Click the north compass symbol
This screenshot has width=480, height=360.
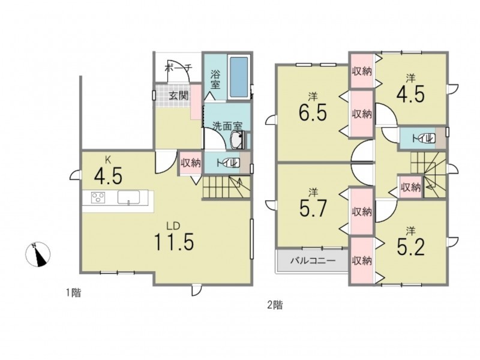(38, 254)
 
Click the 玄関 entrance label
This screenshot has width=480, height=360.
(179, 96)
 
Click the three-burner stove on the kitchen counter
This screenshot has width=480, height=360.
(98, 197)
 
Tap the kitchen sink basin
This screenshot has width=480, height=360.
(128, 197)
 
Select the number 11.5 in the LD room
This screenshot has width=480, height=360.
(174, 242)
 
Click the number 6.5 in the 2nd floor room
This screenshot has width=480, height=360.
(313, 113)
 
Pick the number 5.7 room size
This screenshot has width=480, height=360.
(313, 208)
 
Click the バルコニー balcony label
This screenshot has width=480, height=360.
(313, 261)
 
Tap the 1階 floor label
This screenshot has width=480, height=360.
(73, 293)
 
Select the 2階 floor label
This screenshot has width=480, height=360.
(275, 305)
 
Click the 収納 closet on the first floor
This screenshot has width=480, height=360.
(190, 163)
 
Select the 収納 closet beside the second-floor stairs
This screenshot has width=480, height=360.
(410, 187)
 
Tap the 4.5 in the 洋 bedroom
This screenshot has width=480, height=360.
(410, 95)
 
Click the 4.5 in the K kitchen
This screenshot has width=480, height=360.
(109, 176)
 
